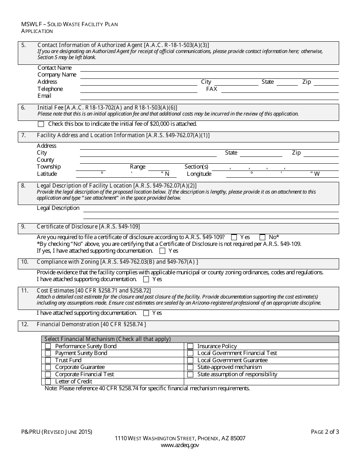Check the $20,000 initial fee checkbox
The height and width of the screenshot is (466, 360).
[41, 124]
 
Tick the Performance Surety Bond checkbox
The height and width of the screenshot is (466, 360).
[48, 346]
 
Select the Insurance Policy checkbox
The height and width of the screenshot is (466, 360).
[190, 346]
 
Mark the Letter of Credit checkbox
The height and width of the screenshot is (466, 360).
[48, 382]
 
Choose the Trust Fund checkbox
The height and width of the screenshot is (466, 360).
[48, 360]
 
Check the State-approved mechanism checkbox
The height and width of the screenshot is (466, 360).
[190, 367]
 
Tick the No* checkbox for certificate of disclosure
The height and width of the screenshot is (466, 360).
[262, 238]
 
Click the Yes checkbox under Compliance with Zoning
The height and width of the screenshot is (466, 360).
[146, 280]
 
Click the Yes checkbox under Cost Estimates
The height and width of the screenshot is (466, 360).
[146, 313]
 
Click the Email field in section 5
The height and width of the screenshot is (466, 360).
[209, 97]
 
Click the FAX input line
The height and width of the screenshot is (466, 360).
[280, 90]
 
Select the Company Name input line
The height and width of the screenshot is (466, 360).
[209, 75]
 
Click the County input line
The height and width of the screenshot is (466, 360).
[209, 161]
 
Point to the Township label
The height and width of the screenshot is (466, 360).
[49, 167]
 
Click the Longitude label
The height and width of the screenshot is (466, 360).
[199, 174]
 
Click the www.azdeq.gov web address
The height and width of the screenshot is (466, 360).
[180, 446]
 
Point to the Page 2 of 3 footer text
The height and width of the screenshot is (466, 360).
[325, 432]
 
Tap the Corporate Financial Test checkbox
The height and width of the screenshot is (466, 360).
[48, 374]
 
